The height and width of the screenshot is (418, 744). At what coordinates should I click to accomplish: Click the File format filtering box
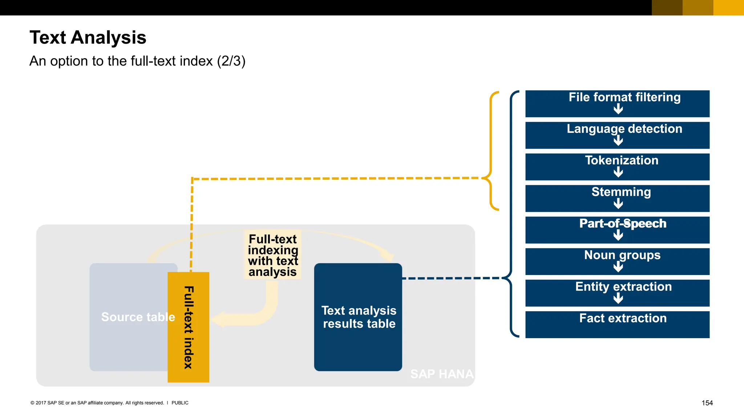tap(617, 103)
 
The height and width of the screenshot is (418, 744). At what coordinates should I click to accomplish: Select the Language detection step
tap(617, 135)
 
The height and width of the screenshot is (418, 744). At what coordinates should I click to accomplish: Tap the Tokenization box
tap(617, 167)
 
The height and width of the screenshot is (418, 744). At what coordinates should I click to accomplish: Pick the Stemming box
tap(617, 198)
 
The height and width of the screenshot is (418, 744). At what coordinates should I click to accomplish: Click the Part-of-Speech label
tap(623, 224)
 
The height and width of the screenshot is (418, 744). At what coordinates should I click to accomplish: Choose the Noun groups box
tap(617, 261)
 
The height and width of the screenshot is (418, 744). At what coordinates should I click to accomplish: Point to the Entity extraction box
tap(617, 293)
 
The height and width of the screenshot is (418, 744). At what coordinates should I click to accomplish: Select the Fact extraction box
tap(617, 324)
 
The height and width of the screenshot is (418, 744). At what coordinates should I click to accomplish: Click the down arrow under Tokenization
tap(618, 172)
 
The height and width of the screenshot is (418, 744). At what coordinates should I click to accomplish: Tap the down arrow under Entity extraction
tap(618, 298)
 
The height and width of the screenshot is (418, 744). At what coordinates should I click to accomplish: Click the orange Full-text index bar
tap(188, 327)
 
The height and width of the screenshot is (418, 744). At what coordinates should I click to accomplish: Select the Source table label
tap(138, 317)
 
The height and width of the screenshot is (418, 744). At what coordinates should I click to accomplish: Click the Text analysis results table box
tap(358, 317)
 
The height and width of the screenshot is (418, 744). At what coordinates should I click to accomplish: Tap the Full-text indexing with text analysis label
tap(273, 255)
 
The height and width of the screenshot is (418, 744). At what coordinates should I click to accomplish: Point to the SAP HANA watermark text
tap(442, 374)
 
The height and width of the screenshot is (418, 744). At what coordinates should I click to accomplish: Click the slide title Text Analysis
tap(88, 37)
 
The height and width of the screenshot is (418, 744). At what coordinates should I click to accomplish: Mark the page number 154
tap(707, 403)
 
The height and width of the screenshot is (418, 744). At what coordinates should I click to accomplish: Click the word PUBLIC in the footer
tap(180, 403)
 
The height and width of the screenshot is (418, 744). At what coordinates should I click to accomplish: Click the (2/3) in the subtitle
tap(231, 61)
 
